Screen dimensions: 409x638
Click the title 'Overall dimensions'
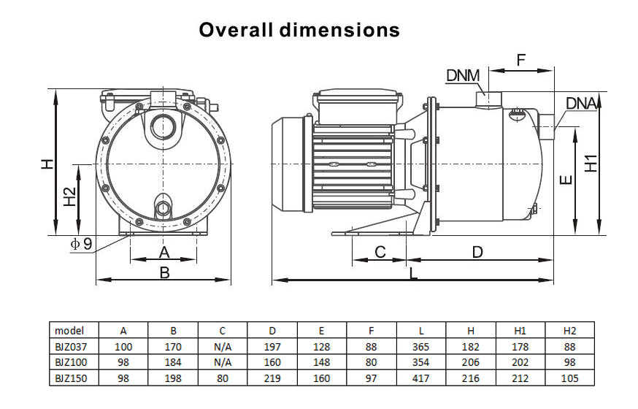pyautogui.click(x=299, y=30)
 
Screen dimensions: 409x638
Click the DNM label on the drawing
pyautogui.click(x=462, y=76)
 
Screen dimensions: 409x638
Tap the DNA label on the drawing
pyautogui.click(x=581, y=103)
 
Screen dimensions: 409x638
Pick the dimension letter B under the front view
pyautogui.click(x=164, y=272)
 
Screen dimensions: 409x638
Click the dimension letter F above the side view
pyautogui.click(x=520, y=60)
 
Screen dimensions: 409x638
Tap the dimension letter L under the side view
pyautogui.click(x=414, y=274)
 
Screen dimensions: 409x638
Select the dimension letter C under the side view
pyautogui.click(x=380, y=252)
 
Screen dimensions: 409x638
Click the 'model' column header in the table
pyautogui.click(x=69, y=330)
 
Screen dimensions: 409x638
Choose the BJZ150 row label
pyautogui.click(x=70, y=378)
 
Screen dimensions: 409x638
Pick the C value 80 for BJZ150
pyautogui.click(x=223, y=378)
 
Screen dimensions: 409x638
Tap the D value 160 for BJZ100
pyautogui.click(x=272, y=362)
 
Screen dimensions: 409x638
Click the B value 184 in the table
pyautogui.click(x=173, y=362)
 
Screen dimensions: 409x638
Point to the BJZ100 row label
pyautogui.click(x=70, y=362)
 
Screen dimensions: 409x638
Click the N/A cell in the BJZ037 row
pyautogui.click(x=223, y=347)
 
